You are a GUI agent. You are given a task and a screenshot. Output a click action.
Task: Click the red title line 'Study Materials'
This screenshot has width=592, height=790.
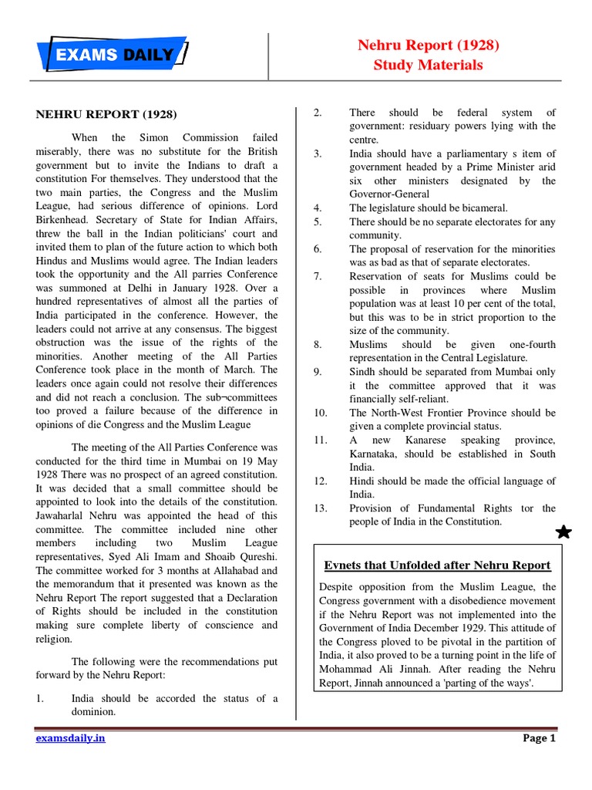click(x=428, y=65)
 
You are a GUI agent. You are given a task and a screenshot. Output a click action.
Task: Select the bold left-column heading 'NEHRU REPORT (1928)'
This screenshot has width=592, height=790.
click(x=106, y=114)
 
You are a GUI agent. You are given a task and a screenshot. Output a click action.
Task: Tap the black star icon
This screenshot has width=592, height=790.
click(x=563, y=532)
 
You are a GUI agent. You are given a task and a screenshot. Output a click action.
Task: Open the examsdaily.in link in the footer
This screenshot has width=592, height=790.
click(x=71, y=738)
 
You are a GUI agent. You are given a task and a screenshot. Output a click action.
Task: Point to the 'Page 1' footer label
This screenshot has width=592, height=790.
click(x=539, y=738)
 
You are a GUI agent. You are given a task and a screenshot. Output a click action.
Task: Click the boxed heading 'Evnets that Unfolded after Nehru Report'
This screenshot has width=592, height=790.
click(x=437, y=565)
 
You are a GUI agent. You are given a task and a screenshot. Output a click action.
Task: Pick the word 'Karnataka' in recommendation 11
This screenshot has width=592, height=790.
click(x=374, y=454)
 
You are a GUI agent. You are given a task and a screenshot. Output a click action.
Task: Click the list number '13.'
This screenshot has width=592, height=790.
click(x=321, y=508)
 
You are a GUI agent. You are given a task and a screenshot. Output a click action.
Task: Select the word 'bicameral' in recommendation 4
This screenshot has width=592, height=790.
click(x=483, y=208)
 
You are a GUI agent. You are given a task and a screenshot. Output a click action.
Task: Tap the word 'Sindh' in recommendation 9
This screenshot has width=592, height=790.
click(x=363, y=372)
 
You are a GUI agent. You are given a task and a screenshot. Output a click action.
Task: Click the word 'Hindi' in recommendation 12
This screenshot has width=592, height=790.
click(x=363, y=481)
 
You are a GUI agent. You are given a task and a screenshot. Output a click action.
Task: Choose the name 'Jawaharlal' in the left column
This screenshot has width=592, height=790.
click(x=63, y=515)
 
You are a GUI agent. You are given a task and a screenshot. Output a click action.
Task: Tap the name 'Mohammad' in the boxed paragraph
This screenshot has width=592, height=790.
click(x=345, y=670)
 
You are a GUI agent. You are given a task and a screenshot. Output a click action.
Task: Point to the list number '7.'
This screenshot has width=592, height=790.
click(x=318, y=276)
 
